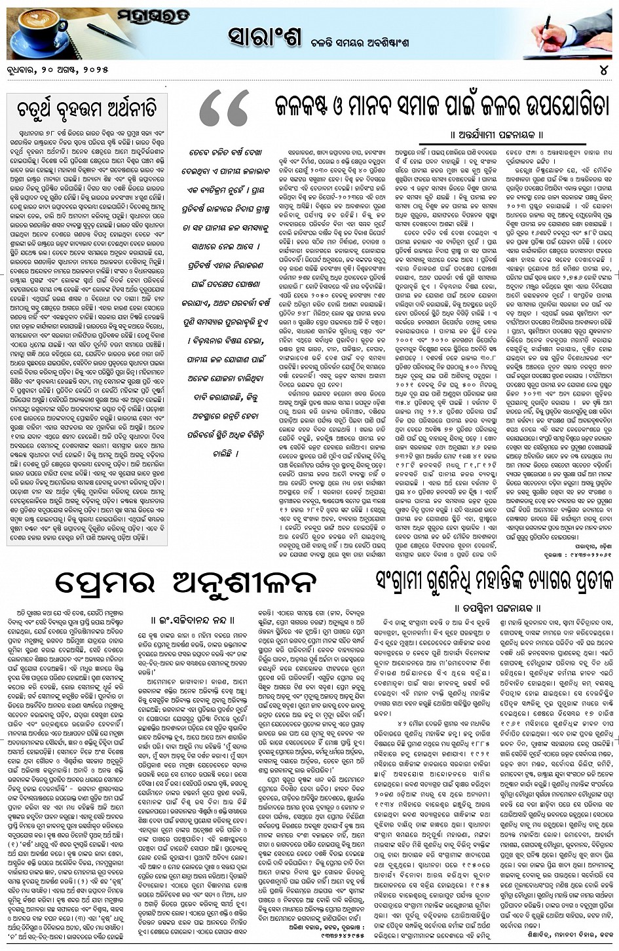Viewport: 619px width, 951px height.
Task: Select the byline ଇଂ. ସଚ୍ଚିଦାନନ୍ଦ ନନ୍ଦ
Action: coord(196,618)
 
